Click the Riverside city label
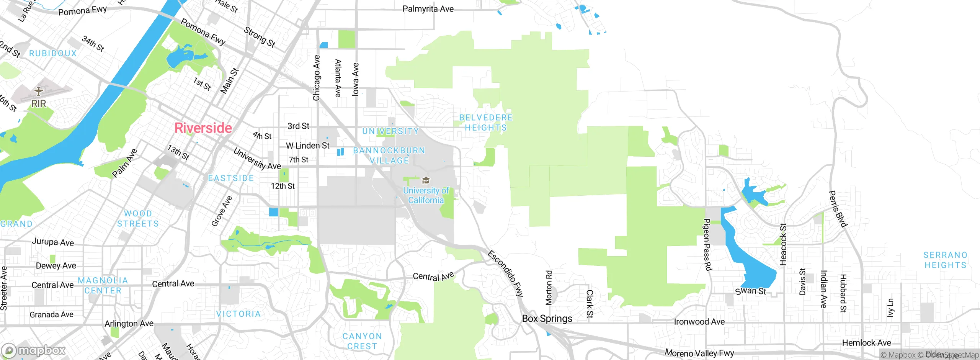203,128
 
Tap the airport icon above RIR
38,91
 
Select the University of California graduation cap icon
426,180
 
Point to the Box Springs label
547,319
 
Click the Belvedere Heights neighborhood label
486,123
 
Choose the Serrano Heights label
945,260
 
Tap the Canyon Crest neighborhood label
362,341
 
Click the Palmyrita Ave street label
428,9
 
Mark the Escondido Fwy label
505,273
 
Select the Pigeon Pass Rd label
707,245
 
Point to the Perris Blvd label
837,209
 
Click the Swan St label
751,291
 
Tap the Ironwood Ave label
699,322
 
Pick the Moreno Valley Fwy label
699,353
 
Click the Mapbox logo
34,350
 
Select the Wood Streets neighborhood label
138,219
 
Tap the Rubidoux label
53,54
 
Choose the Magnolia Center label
103,286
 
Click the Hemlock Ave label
866,343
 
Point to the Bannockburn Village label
389,155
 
